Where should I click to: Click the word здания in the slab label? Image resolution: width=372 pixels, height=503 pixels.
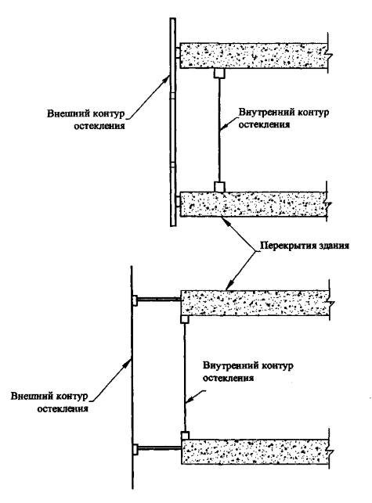click(x=334, y=246)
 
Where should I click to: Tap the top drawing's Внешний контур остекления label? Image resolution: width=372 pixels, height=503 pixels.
click(x=86, y=120)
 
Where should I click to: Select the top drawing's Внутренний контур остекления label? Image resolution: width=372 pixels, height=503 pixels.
click(x=284, y=118)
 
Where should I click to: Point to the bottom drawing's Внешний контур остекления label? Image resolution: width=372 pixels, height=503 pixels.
click(x=49, y=402)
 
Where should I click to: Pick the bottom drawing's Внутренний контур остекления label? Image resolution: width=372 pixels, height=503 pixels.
click(x=247, y=372)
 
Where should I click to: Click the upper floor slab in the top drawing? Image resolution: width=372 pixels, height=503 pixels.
click(x=254, y=56)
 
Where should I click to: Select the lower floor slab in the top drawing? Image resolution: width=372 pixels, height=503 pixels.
click(x=254, y=204)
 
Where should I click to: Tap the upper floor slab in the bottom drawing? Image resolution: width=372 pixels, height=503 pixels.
click(x=255, y=303)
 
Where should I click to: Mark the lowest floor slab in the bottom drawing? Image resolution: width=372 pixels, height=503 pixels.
click(x=255, y=451)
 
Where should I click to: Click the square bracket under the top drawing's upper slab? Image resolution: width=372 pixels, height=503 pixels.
click(x=219, y=73)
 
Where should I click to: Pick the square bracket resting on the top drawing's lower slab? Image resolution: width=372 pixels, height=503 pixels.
click(x=219, y=187)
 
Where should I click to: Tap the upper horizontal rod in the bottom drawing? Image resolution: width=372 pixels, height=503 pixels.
click(x=159, y=300)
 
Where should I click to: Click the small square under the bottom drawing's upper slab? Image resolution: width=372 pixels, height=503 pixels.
click(x=185, y=319)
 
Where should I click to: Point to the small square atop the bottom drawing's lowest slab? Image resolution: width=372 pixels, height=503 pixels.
click(x=185, y=436)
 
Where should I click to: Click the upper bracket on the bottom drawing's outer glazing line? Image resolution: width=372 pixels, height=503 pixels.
click(x=135, y=300)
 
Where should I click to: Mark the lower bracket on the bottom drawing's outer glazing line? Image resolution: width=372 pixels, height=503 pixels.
click(x=135, y=449)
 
